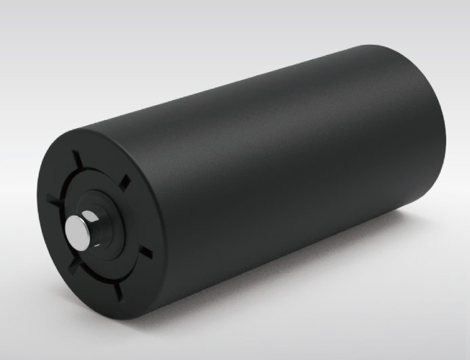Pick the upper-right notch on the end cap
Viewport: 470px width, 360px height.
point(123,182)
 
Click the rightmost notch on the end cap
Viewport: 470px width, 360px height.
point(145,252)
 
